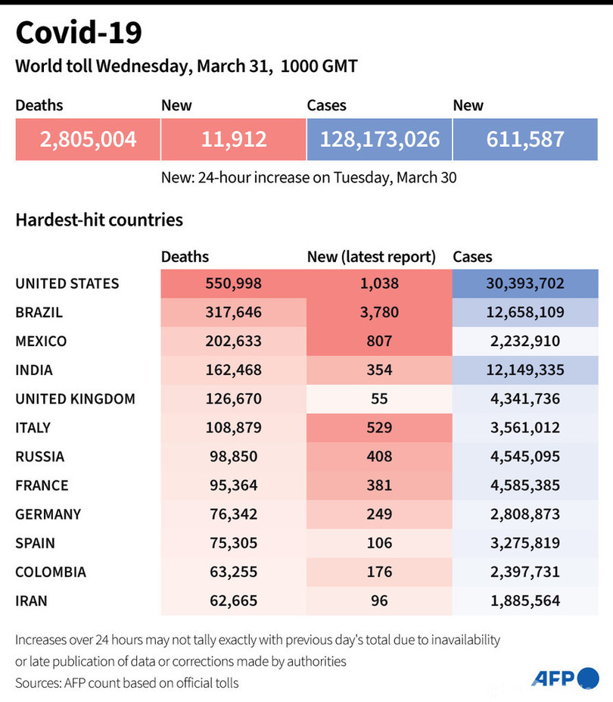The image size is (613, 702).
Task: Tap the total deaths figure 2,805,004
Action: pyautogui.click(x=89, y=139)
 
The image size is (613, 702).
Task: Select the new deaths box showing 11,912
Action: pyautogui.click(x=234, y=139)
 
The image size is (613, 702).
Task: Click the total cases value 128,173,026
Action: pyautogui.click(x=380, y=139)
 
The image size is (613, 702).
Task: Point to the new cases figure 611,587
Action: pyautogui.click(x=526, y=139)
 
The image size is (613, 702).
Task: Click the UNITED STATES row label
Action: pyautogui.click(x=67, y=284)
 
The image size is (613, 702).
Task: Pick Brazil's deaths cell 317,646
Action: pyautogui.click(x=234, y=313)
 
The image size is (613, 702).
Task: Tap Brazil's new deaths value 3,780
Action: pyautogui.click(x=378, y=313)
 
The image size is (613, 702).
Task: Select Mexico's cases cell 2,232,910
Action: pyautogui.click(x=525, y=342)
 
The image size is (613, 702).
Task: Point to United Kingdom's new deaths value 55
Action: pyautogui.click(x=378, y=399)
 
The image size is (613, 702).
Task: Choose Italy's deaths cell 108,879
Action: pyautogui.click(x=234, y=428)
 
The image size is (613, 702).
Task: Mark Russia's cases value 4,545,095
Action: pyautogui.click(x=525, y=457)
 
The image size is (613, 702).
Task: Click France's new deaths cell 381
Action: pyautogui.click(x=378, y=485)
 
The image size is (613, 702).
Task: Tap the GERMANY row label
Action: pyautogui.click(x=48, y=514)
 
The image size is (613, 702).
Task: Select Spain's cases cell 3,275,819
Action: pyautogui.click(x=525, y=543)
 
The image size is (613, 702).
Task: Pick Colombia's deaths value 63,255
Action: pyautogui.click(x=234, y=572)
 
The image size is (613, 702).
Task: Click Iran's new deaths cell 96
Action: pyautogui.click(x=378, y=601)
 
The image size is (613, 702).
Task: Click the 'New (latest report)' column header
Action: pyautogui.click(x=372, y=257)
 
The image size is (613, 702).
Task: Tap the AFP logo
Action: pyautogui.click(x=565, y=678)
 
